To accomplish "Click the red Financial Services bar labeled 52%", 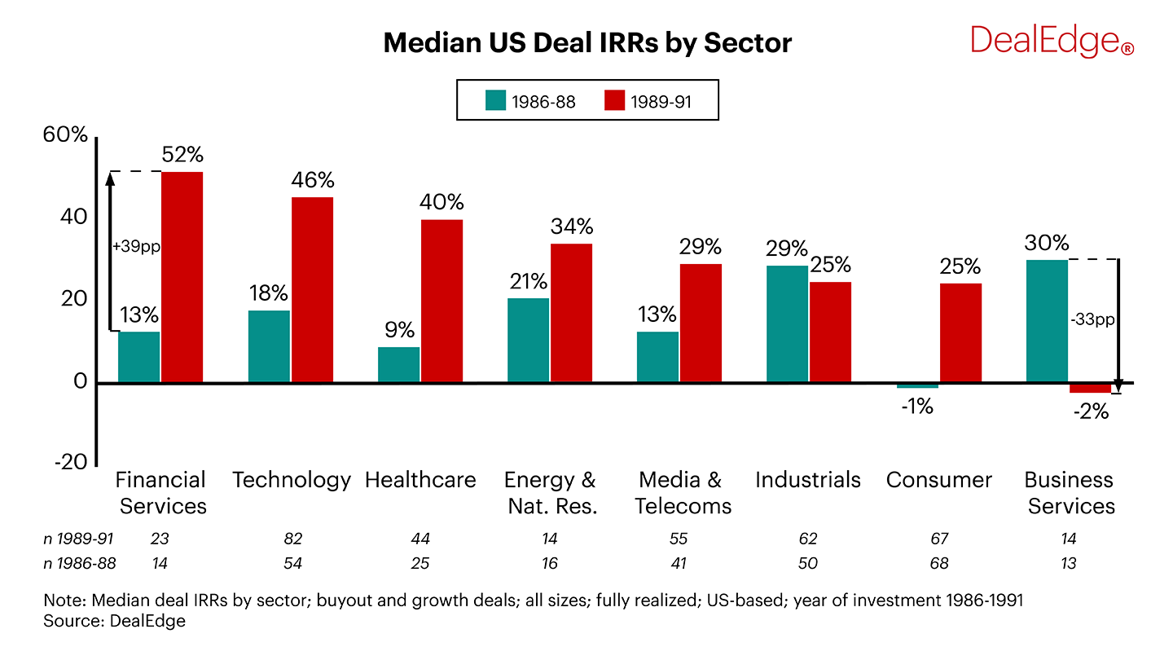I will tap(182, 277).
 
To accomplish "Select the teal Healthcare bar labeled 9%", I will tap(399, 364).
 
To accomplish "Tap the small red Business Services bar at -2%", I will tap(1090, 389).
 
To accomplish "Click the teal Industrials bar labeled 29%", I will tap(787, 323).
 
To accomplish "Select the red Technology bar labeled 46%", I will tap(312, 289).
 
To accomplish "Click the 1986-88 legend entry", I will tap(531, 101).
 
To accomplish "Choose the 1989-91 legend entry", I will tap(650, 101).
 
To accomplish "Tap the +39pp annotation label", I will tap(136, 246).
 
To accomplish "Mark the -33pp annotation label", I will tap(1092, 320).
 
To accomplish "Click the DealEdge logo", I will tap(1051, 41).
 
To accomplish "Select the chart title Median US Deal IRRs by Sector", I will tap(586, 42).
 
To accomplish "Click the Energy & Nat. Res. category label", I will tap(551, 493).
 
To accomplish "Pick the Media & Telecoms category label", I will tap(683, 493).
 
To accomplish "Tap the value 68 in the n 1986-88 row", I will tap(938, 564).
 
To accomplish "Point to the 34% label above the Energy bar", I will tap(571, 226).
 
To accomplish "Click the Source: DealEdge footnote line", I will tap(115, 622).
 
